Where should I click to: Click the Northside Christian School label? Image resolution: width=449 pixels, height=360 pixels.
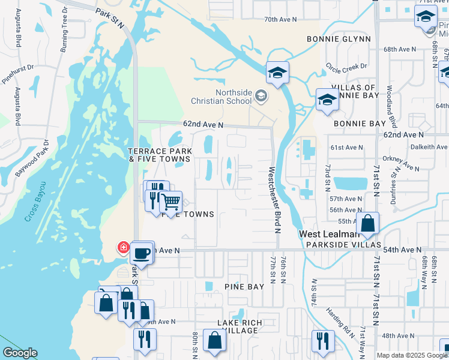click(x=223, y=96)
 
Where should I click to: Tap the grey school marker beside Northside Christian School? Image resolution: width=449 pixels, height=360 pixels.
click(x=261, y=95)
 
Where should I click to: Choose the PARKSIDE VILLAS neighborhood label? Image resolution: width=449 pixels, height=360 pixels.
click(x=343, y=245)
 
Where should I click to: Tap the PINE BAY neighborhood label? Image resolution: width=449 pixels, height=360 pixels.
click(x=244, y=287)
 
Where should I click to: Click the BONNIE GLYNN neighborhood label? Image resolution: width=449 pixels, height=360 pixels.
click(x=339, y=39)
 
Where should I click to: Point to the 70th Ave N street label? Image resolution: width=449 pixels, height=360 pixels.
click(x=280, y=20)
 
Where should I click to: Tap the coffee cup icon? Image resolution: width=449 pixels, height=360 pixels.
click(x=142, y=253)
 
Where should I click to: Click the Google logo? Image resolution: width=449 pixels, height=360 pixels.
click(x=20, y=353)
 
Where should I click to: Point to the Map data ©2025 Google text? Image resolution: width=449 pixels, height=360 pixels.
click(x=412, y=355)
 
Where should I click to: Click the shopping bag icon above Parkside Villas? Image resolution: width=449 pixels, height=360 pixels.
click(x=367, y=223)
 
